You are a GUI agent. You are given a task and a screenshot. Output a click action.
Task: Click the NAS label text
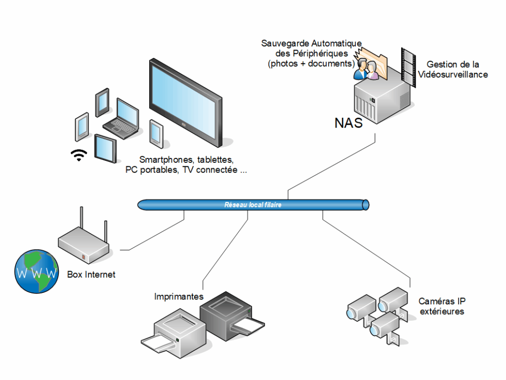349,122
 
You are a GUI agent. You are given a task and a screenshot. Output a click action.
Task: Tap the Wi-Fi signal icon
78,155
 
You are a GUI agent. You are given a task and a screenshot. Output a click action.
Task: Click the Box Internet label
91,274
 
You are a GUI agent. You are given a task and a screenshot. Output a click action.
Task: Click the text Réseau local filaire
253,204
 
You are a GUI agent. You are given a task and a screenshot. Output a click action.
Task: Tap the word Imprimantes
179,297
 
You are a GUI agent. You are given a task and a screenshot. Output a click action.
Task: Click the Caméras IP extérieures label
442,306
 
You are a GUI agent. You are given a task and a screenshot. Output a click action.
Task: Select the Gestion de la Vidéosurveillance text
453,69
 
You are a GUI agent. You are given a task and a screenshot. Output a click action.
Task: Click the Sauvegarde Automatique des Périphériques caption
311,53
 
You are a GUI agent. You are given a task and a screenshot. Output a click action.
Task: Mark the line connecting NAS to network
331,166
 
